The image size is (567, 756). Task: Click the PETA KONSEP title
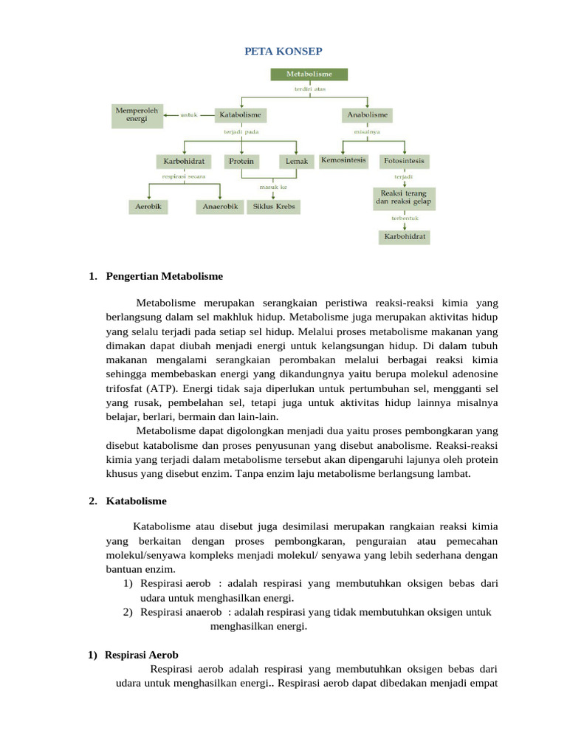(x=283, y=50)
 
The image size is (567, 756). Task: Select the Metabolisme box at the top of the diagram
(x=309, y=75)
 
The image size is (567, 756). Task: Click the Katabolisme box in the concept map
(x=241, y=115)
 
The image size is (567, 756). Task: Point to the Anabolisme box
(x=367, y=115)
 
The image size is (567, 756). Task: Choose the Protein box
(x=241, y=161)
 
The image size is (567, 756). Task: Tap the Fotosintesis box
(x=403, y=160)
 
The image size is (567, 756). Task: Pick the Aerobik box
(x=148, y=207)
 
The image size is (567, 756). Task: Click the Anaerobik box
(x=220, y=207)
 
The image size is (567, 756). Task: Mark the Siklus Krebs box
(x=274, y=207)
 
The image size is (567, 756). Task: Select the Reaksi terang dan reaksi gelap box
(x=403, y=197)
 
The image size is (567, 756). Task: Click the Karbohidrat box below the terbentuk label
(x=404, y=237)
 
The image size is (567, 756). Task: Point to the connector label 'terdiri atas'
(x=309, y=89)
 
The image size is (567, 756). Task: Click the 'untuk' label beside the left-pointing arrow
(x=190, y=115)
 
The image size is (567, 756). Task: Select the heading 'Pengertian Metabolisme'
(x=164, y=276)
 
